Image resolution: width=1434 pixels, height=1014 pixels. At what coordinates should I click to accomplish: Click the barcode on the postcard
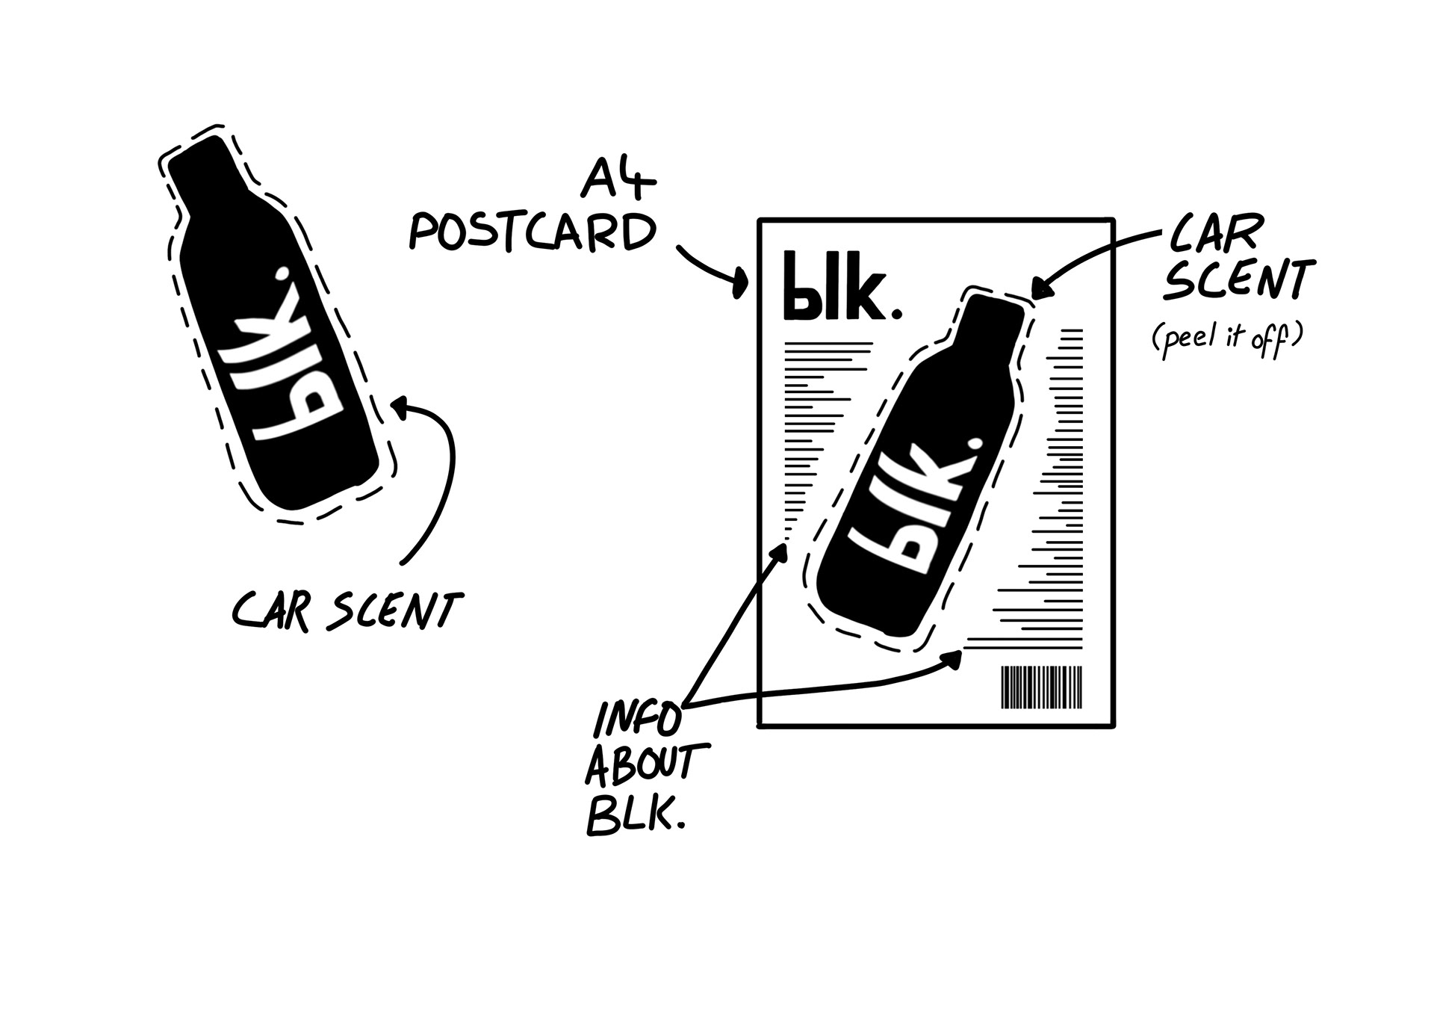1041,687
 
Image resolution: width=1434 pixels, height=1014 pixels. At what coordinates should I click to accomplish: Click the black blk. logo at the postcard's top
841,287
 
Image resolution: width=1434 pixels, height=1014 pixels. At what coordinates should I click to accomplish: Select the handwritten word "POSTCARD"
533,232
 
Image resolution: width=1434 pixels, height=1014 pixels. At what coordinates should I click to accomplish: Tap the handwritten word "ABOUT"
647,767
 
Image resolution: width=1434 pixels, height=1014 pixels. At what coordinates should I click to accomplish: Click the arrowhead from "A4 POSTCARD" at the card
741,283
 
